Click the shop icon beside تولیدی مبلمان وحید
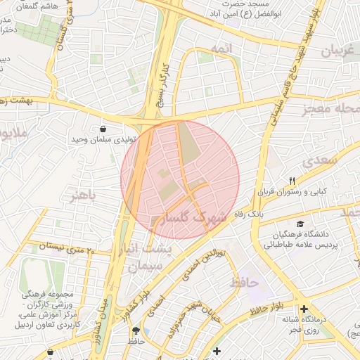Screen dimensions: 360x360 [x=103, y=129]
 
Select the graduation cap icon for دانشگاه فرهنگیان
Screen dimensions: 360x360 [x=301, y=223]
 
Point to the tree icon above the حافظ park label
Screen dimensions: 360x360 [x=136, y=330]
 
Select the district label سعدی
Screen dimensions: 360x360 [x=320, y=161]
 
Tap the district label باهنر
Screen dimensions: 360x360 [x=82, y=195]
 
